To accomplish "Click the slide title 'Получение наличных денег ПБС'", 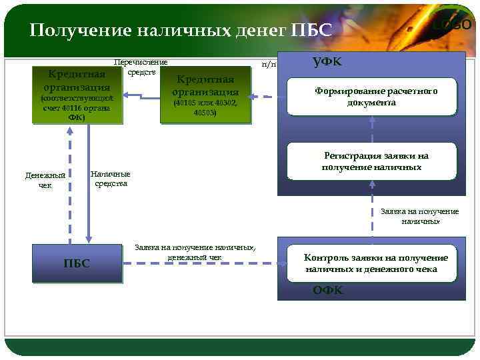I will click(181, 31).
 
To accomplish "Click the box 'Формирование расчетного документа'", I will click(372, 97).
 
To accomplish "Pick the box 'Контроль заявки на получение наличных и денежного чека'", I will click(372, 263).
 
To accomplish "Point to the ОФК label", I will click(328, 290).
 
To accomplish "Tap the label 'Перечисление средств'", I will click(141, 67).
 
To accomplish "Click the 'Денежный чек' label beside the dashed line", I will click(45, 180).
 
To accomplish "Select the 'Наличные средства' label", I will click(111, 179).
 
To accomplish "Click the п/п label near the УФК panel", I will click(269, 65).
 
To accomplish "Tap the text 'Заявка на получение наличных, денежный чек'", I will click(195, 251).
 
